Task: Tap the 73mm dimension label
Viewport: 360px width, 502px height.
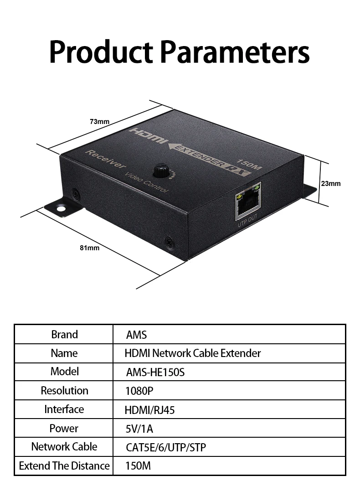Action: (x=99, y=121)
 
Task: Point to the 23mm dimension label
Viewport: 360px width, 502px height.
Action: (x=331, y=184)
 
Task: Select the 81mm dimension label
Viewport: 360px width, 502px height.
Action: (x=89, y=248)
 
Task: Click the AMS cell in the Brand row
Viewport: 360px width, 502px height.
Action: (x=136, y=335)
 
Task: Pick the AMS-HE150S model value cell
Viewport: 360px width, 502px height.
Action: (x=155, y=373)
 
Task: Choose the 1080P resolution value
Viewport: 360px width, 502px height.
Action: (x=139, y=391)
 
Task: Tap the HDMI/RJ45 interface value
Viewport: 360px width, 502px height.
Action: (x=149, y=410)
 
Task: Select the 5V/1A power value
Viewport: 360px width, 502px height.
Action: (x=139, y=429)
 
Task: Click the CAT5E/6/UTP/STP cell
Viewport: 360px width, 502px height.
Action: (x=166, y=448)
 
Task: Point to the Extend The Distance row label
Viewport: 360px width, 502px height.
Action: (x=64, y=466)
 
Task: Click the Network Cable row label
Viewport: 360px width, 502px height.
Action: (x=64, y=447)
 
